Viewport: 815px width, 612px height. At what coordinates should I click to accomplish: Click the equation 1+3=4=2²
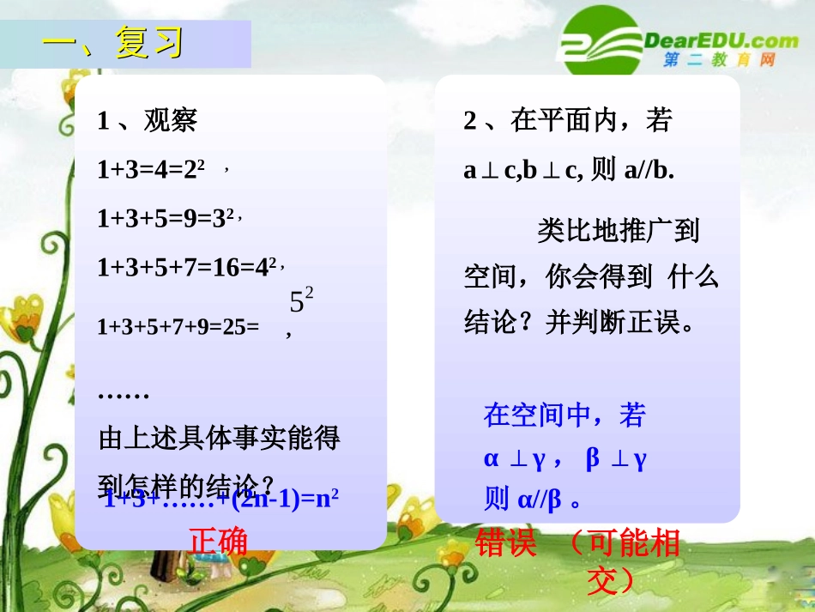coord(151,170)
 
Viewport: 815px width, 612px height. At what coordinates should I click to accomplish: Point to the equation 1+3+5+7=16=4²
coord(186,268)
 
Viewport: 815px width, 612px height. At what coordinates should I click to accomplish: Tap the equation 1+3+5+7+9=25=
coord(178,327)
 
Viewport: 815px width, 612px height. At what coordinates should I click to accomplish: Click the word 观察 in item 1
coord(171,120)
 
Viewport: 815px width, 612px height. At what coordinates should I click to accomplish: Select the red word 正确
coord(218,542)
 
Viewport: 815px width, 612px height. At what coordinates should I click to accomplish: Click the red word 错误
coord(506,543)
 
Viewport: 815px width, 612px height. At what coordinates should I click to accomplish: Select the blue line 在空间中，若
coord(564,415)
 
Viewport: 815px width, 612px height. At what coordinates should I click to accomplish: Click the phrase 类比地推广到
coord(619,230)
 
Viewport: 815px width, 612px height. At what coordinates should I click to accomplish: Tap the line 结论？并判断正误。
coord(584,324)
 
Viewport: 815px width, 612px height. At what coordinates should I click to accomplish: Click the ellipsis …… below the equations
coord(124,394)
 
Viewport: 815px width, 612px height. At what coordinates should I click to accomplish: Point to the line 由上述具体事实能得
coord(220,439)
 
